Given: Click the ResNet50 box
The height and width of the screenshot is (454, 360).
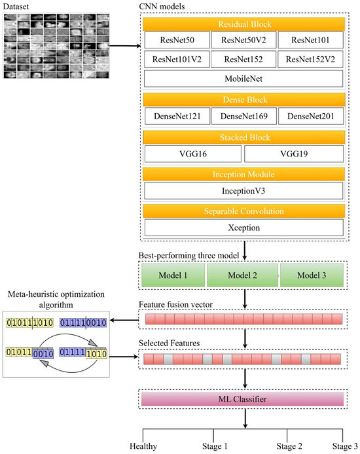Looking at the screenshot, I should [x=177, y=41].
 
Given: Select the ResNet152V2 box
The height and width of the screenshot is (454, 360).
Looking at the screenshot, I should [x=310, y=60].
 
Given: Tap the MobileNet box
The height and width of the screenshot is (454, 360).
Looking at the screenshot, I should [x=243, y=79].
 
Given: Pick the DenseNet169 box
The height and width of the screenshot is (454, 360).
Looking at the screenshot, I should [x=243, y=116].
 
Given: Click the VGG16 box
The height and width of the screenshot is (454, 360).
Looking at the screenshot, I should [x=193, y=154].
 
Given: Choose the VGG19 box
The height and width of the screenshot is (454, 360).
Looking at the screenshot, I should [x=294, y=154].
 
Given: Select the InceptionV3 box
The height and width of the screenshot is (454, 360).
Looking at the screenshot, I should [x=243, y=190].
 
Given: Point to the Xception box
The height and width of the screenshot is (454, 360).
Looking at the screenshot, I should [x=243, y=228].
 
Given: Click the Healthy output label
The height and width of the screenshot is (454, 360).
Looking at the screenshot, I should [x=143, y=446].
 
